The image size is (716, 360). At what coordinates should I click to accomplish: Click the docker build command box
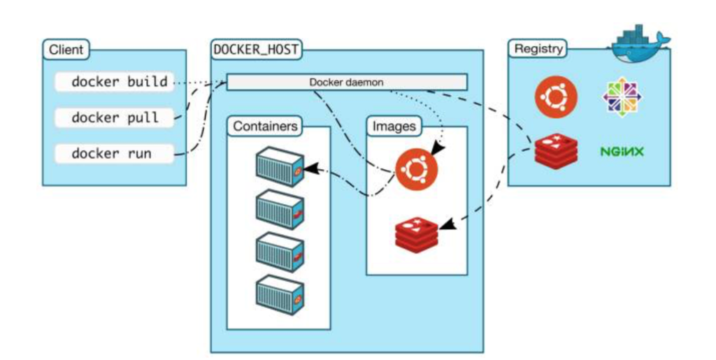[x=114, y=82]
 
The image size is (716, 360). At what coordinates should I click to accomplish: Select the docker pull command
[x=114, y=117]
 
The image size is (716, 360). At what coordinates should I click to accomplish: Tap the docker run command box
[x=114, y=153]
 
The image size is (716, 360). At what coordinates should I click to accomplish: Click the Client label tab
[x=66, y=49]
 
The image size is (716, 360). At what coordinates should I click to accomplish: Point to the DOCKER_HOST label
[x=256, y=49]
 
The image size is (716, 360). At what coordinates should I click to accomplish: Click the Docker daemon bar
[x=347, y=82]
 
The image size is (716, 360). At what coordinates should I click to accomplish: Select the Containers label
[x=265, y=127]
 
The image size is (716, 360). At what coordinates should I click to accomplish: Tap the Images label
[x=394, y=127]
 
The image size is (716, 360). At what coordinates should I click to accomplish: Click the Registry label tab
[x=538, y=49]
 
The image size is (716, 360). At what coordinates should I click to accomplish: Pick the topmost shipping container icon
[x=280, y=166]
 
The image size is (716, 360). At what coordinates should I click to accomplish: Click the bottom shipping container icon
[x=280, y=295]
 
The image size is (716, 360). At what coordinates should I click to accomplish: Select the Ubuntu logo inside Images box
[x=417, y=170]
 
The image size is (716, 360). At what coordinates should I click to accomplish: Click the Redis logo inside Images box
[x=417, y=234]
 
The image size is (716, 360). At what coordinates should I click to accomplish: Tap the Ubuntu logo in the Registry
[x=556, y=97]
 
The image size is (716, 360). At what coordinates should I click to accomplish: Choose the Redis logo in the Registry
[x=556, y=152]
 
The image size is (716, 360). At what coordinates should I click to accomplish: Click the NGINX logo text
[x=622, y=152]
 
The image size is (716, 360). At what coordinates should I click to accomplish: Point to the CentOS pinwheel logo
[x=622, y=97]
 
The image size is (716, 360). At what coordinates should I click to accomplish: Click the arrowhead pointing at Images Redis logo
[x=447, y=224]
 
